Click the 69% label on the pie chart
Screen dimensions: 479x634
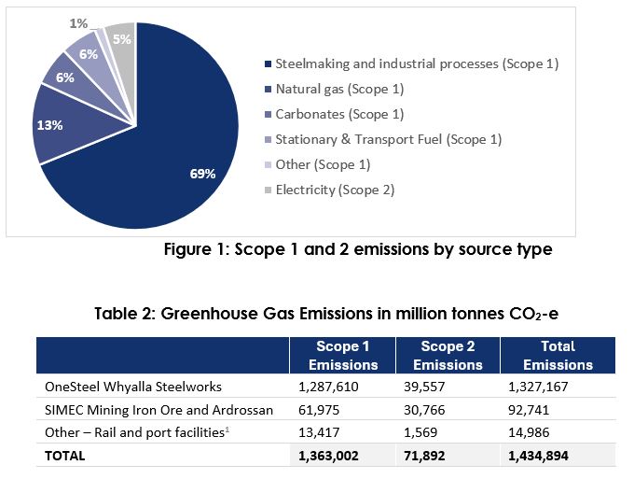pyautogui.click(x=203, y=174)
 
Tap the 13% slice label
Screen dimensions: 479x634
pyautogui.click(x=50, y=125)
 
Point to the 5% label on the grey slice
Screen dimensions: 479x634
pyautogui.click(x=120, y=40)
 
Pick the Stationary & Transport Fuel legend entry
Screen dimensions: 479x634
pyautogui.click(x=388, y=139)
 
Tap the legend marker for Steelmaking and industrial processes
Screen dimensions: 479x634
pyautogui.click(x=268, y=64)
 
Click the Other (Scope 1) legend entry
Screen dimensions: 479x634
pyautogui.click(x=322, y=164)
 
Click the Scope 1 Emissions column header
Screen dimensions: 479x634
pyautogui.click(x=343, y=356)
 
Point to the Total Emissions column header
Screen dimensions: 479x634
pyautogui.click(x=558, y=356)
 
